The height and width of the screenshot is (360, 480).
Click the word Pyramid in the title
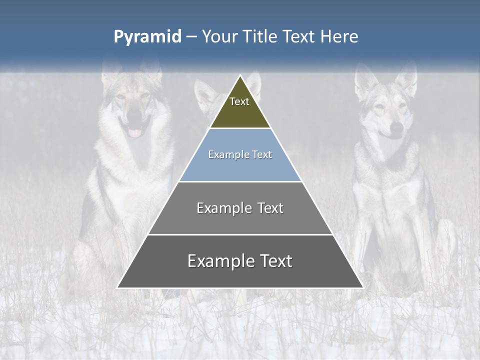(147, 37)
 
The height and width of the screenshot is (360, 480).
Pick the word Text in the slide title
(300, 37)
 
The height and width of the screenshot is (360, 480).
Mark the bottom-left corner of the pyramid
(118, 287)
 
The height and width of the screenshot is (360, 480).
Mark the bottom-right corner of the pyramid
(362, 287)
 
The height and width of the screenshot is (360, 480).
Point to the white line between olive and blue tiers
(240, 128)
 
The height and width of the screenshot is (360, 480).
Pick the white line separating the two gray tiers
(240, 234)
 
